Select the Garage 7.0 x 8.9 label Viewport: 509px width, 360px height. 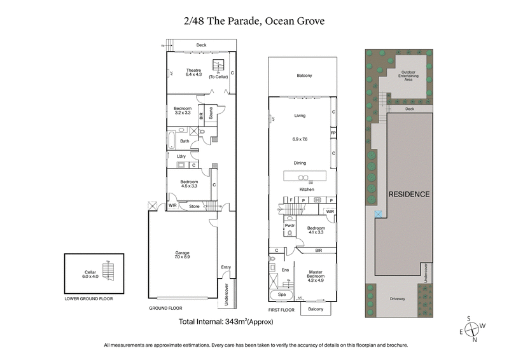[182, 255]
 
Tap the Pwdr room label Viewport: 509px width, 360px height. [289, 225]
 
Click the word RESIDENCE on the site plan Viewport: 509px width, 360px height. [409, 194]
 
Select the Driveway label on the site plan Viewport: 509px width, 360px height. [400, 298]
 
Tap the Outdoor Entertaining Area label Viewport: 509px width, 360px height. [410, 76]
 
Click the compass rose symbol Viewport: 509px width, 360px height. [471, 329]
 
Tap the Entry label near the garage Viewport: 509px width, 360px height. [226, 267]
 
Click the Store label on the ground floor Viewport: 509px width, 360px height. [194, 205]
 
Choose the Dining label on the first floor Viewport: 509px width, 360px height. [300, 163]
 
